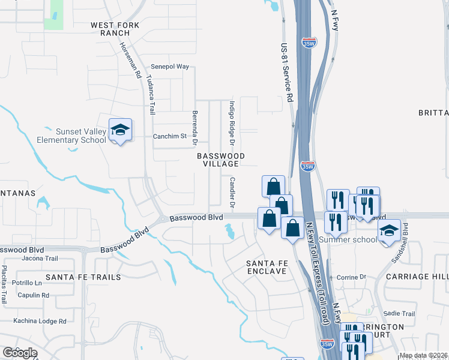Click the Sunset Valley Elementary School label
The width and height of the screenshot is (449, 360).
pyautogui.click(x=72, y=136)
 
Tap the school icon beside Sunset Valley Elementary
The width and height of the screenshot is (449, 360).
pyautogui.click(x=120, y=130)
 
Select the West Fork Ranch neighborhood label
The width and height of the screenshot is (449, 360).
pyautogui.click(x=115, y=29)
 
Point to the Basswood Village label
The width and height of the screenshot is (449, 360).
pyautogui.click(x=221, y=160)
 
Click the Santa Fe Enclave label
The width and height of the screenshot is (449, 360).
pyautogui.click(x=267, y=268)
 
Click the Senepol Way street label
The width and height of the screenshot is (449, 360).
pyautogui.click(x=170, y=67)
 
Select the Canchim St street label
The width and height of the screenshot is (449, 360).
pyautogui.click(x=170, y=136)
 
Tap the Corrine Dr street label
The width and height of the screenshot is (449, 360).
pyautogui.click(x=351, y=277)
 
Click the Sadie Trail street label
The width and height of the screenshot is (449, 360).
pyautogui.click(x=399, y=314)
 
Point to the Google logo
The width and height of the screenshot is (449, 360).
pyautogui.click(x=20, y=353)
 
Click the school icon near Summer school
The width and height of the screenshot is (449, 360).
pyautogui.click(x=389, y=231)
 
